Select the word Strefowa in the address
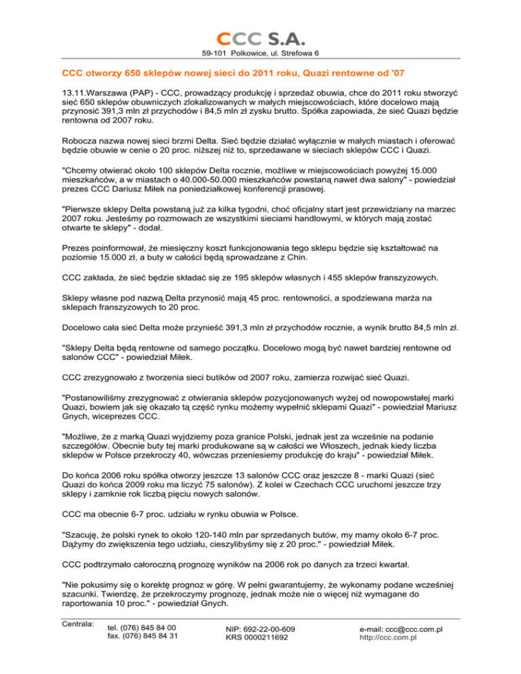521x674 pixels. coord(300,53)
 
